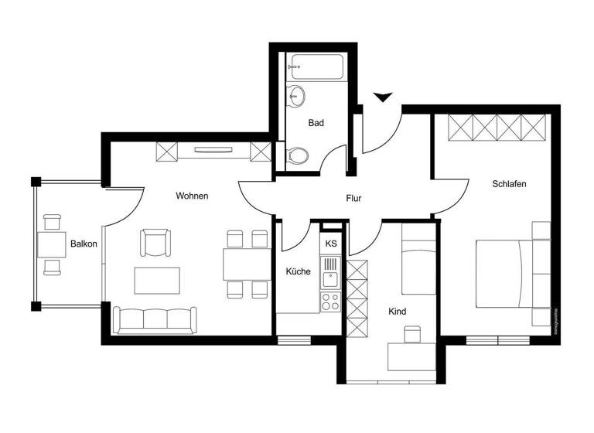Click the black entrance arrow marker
pos(382,97)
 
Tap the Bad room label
pos(316,123)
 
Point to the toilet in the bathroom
pos(296,155)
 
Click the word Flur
pos(353,199)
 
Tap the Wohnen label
pos(192,196)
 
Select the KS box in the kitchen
pos(331,244)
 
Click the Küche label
pos(298,271)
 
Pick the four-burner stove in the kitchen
pos(330,301)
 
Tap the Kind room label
pos(398,312)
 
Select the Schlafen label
pos(509,184)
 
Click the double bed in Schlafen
pos(510,274)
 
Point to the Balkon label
pos(84,244)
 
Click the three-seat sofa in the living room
pos(155,319)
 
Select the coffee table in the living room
pos(157,280)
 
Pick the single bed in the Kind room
pos(418,265)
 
